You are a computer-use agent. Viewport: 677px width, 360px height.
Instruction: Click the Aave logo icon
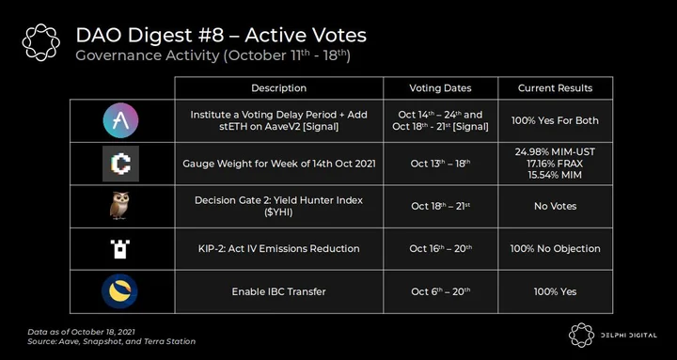(121, 120)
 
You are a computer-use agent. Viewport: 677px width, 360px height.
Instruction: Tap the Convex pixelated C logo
(121, 164)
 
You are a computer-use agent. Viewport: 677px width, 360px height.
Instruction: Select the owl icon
(119, 206)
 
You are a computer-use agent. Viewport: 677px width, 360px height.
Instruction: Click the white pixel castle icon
(120, 249)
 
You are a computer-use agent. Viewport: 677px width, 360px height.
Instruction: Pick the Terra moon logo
(119, 291)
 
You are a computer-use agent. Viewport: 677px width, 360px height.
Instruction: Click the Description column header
(279, 88)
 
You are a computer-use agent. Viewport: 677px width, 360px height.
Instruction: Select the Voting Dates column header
(440, 88)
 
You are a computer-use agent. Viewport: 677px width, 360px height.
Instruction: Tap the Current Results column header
(556, 88)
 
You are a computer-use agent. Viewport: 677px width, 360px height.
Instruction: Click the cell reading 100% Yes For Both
(556, 120)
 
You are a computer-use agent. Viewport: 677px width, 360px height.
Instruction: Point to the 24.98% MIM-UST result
(556, 152)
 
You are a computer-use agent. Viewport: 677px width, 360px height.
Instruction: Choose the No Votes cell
(556, 207)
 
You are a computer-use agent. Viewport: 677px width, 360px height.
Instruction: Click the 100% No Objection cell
(556, 249)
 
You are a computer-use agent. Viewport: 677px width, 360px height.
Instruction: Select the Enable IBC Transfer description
(279, 291)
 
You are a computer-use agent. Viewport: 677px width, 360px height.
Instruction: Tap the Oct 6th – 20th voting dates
(440, 291)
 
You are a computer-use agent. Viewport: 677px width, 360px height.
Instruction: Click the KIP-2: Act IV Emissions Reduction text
(279, 249)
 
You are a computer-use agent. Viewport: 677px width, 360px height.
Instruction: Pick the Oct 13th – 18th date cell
(440, 164)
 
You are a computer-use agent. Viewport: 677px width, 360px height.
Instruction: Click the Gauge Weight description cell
(279, 164)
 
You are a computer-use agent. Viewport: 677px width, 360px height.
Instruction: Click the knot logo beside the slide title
(41, 42)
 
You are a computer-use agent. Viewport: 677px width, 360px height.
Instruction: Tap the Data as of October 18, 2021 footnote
(81, 332)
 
